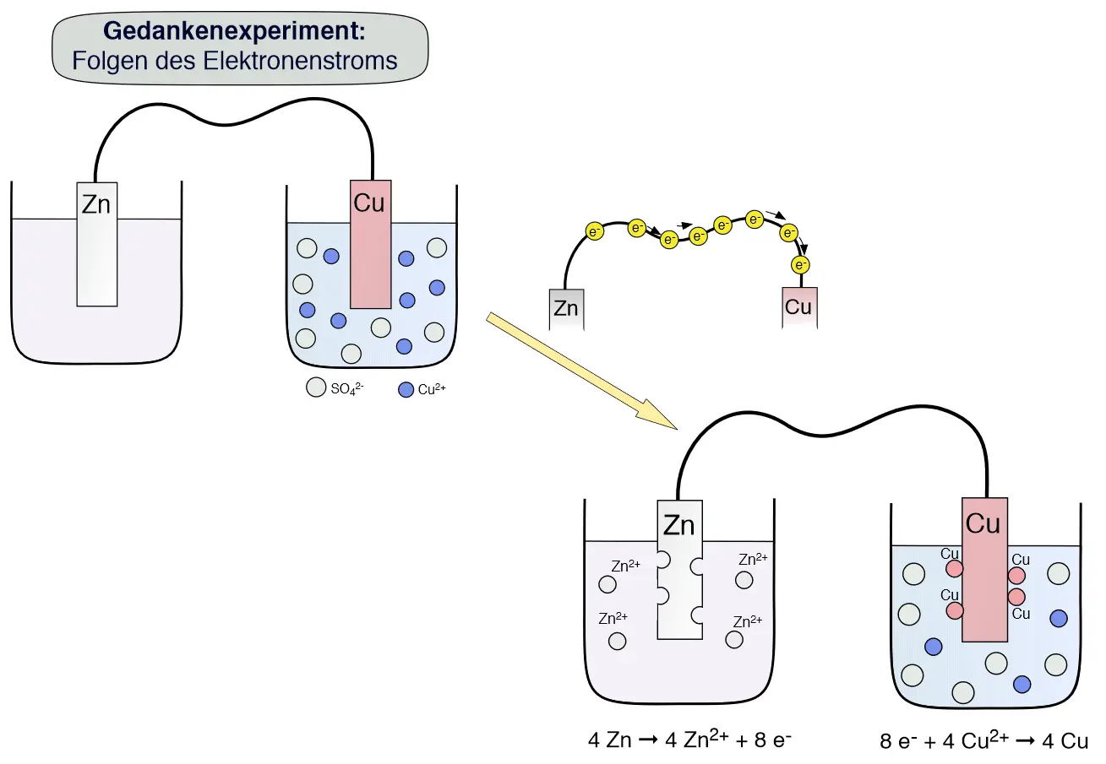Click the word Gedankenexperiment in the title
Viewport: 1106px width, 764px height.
(x=234, y=31)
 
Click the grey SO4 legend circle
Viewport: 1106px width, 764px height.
(x=315, y=388)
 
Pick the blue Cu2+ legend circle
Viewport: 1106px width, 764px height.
(x=406, y=389)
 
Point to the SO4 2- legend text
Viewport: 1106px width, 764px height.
(x=347, y=390)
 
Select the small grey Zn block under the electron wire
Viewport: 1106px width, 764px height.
(x=566, y=309)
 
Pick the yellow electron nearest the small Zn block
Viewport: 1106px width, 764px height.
(x=595, y=230)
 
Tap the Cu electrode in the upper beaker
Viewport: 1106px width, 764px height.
(x=370, y=244)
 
